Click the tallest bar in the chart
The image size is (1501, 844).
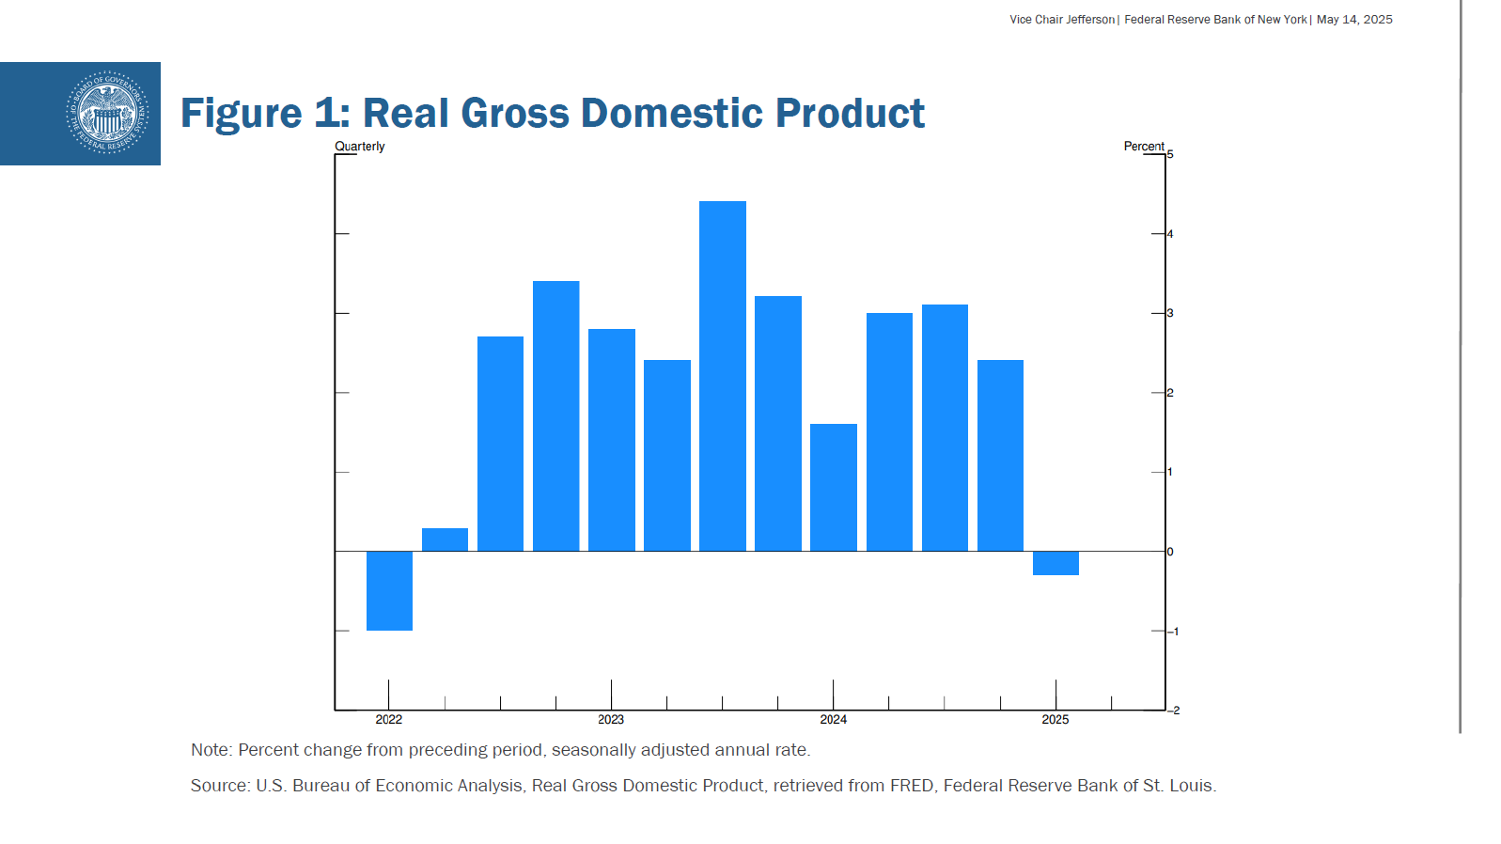pos(722,376)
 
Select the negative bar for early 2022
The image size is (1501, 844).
pos(389,590)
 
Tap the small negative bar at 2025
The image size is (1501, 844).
pos(1055,563)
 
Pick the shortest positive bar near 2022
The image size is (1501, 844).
pos(445,539)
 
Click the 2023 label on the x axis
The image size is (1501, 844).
pos(611,720)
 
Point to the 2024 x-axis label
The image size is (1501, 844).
pos(833,720)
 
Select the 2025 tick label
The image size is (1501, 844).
pos(1055,720)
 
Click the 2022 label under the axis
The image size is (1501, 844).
pos(389,720)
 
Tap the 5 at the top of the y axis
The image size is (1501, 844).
pos(1170,154)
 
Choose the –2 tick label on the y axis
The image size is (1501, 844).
pos(1174,711)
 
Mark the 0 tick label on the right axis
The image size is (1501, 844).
pos(1170,552)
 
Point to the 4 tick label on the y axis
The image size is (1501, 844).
pos(1170,234)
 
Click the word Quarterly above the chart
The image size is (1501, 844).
pos(360,147)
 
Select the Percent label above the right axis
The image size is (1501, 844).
pos(1144,147)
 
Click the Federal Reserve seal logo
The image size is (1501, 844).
pos(107,113)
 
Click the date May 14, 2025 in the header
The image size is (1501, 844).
pos(1354,20)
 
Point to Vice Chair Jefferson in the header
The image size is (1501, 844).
pos(1062,20)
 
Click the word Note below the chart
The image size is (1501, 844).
pos(210,750)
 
